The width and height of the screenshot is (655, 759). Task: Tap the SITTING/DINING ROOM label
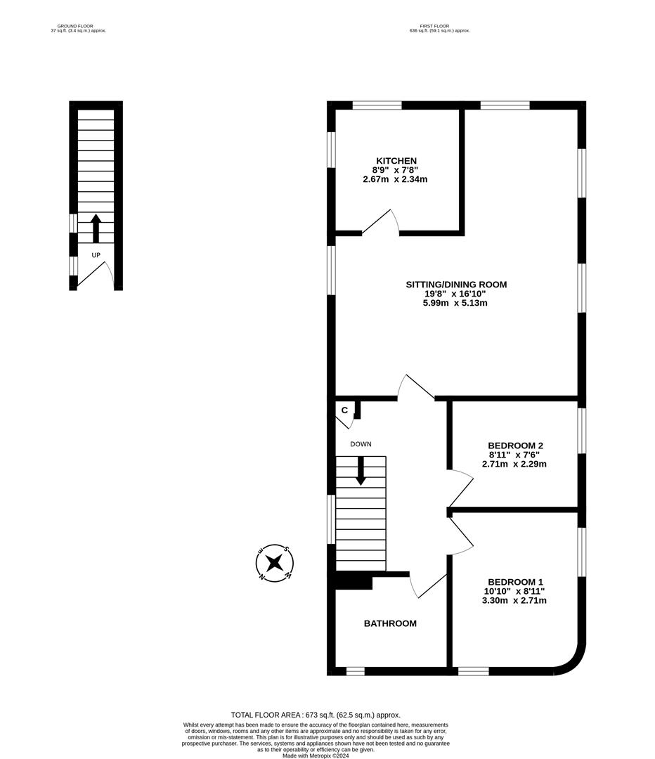[456, 285]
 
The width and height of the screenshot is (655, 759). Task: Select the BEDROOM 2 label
[515, 446]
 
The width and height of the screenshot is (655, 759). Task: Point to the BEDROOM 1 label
[515, 582]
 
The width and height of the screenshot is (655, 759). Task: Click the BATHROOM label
[390, 623]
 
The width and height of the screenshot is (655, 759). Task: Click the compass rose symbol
[274, 563]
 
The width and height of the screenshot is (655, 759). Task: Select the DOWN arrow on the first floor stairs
[361, 470]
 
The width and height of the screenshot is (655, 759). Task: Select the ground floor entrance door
[93, 275]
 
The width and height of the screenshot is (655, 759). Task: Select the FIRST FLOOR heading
[439, 27]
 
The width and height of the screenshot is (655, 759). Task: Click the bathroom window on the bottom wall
[356, 671]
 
